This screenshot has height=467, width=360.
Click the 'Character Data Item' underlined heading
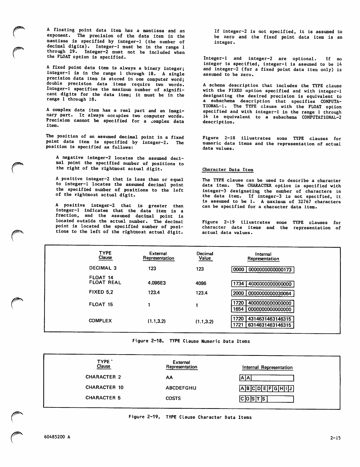tap(228, 170)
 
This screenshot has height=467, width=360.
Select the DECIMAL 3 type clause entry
tap(103, 268)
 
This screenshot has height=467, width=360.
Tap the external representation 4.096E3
tap(156, 283)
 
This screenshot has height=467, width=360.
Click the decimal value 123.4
tap(202, 293)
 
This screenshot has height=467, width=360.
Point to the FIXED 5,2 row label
tap(101, 292)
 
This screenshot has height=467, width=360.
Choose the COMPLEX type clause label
tap(100, 321)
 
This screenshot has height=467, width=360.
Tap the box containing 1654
tap(238, 309)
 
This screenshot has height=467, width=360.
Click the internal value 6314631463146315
tap(270, 325)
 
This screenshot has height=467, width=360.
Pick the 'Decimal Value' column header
tap(205, 256)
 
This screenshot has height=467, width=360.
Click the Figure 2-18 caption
tap(191, 341)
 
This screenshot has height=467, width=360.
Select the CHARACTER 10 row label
tap(104, 387)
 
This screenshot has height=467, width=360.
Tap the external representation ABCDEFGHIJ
tap(181, 388)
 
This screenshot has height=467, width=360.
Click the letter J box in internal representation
tap(291, 389)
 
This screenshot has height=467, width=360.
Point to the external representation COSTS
tap(173, 398)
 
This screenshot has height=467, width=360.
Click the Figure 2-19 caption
tap(190, 417)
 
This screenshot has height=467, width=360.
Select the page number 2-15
tap(335, 438)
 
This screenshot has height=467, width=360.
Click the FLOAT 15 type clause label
tap(101, 305)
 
